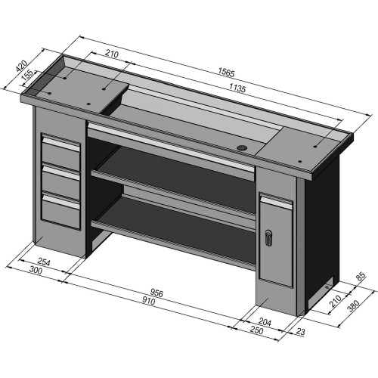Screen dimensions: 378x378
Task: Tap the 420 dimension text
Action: [20, 67]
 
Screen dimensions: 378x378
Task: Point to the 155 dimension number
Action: [26, 76]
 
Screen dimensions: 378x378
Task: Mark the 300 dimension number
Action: [35, 270]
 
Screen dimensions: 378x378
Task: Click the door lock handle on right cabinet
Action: [268, 238]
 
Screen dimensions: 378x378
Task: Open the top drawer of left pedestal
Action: [60, 151]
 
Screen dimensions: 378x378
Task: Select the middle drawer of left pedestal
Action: [60, 181]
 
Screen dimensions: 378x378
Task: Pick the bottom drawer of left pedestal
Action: [60, 209]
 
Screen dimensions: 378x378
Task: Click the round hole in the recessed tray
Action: [243, 146]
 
